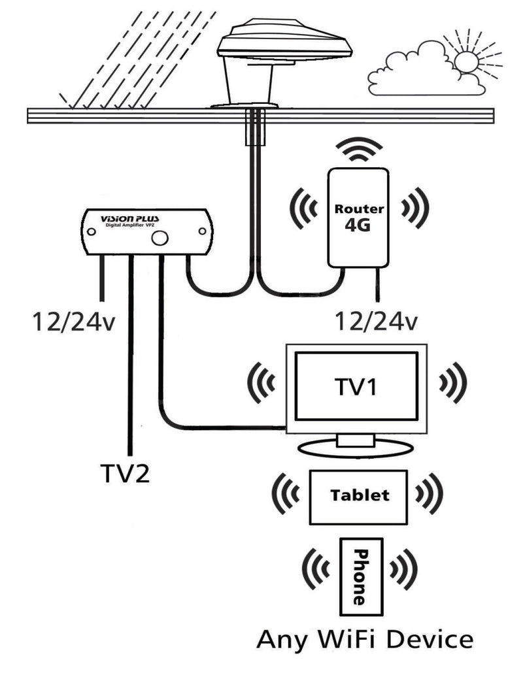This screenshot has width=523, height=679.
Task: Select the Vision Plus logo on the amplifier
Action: click(x=126, y=218)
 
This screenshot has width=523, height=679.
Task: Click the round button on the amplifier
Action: click(x=159, y=238)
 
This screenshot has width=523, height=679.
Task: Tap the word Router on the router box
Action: click(x=358, y=210)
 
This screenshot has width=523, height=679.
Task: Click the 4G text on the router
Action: click(x=358, y=229)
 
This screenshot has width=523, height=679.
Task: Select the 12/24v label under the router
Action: click(x=375, y=321)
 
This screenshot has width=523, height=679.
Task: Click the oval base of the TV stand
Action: click(x=356, y=448)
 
